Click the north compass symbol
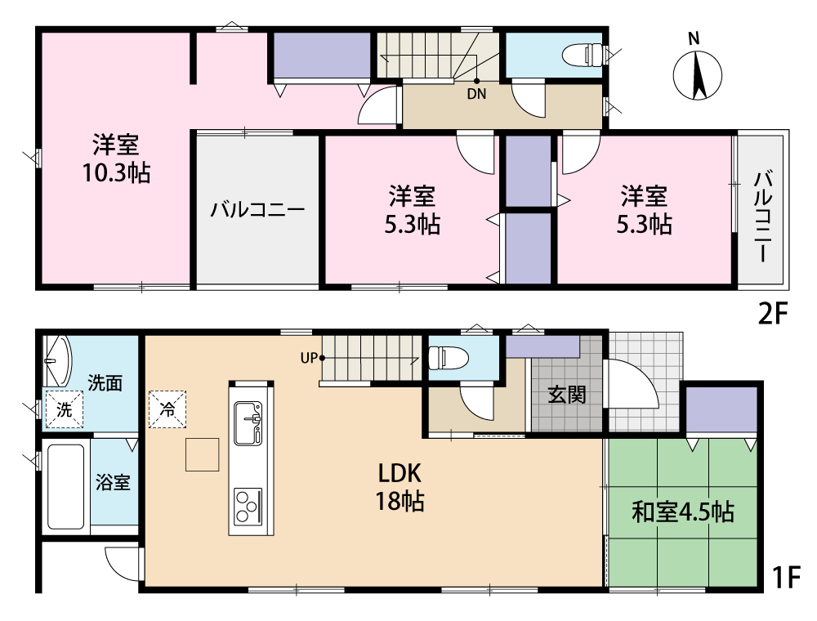coord(697,69)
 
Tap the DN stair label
coord(476,94)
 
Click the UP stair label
coord(309,359)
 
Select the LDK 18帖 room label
coord(400,487)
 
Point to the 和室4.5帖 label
coord(683,512)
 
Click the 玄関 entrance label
coord(568,395)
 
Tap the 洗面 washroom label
coord(105,383)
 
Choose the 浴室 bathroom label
coord(113,482)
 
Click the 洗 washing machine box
coord(64,409)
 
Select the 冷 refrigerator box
coord(167,409)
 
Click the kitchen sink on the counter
coord(248,422)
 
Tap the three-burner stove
coord(248,506)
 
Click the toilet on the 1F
coord(448,359)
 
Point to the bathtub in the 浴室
coord(65,486)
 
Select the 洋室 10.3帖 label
coord(117,159)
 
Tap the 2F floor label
coord(773,314)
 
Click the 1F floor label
coord(785,577)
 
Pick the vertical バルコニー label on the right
coord(763,217)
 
